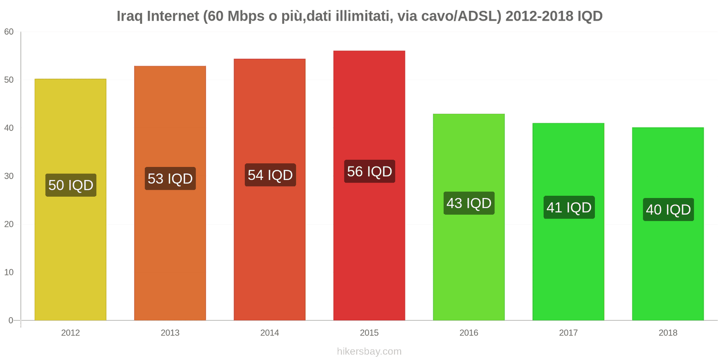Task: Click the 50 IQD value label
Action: coord(71,185)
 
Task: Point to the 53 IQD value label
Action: coord(170,179)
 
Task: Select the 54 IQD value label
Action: coord(270,175)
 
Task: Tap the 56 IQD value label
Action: coord(369,171)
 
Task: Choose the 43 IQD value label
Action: coord(469,203)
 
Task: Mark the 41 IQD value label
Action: coord(569,207)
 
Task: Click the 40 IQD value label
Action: coord(668,210)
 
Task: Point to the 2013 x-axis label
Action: coord(170,333)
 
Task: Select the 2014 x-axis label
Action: coord(270,333)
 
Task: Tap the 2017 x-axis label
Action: coord(568,333)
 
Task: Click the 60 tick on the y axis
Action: coord(9,32)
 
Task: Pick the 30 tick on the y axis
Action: coord(9,176)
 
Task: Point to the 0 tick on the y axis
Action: coord(11,320)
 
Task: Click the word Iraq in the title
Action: coord(130,16)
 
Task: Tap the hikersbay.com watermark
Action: coord(369,351)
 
